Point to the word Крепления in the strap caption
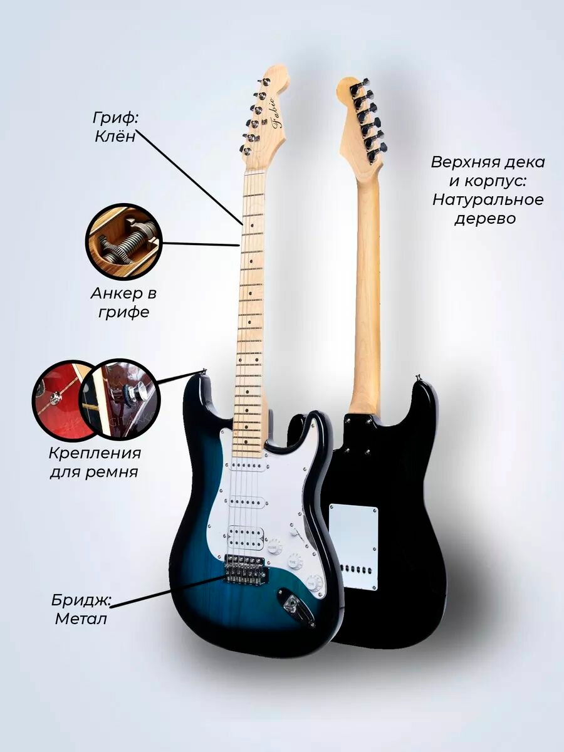tap(95, 452)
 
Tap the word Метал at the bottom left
tap(81, 619)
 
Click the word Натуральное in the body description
tap(487, 200)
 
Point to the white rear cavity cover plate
tap(354, 545)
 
